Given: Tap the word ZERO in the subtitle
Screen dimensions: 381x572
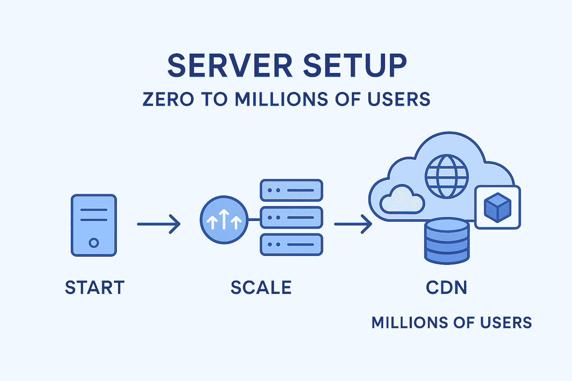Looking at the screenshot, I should pos(168,99).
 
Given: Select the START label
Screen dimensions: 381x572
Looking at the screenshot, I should pos(95,288).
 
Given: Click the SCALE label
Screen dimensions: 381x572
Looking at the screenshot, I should pos(261,288).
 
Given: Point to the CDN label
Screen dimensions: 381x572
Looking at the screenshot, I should pos(446,288).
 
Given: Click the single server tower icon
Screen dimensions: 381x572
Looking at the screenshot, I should pos(94,225).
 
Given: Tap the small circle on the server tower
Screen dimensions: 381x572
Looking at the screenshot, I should pos(94,243).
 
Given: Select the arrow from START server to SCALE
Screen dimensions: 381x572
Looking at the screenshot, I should pos(159,224).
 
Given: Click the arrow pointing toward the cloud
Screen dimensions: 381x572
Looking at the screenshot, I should pos(353,224).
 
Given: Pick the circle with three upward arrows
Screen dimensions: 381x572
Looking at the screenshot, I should pos(224,220).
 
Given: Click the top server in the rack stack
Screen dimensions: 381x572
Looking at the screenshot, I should pos(291,190).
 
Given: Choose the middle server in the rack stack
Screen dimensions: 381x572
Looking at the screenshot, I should pos(291,217).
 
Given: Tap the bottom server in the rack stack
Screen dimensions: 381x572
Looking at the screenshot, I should pos(291,244).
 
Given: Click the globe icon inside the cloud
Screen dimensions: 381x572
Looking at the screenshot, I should pos(447,176).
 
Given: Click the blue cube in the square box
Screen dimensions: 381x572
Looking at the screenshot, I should pos(497,207).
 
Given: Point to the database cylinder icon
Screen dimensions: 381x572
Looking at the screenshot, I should pos(447,241).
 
